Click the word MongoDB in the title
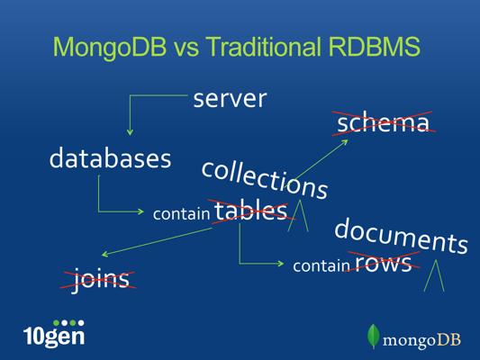coord(110,47)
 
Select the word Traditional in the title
coord(264,47)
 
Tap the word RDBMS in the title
coord(375,47)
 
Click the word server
coord(230,99)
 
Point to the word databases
coord(110,157)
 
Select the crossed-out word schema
coord(384,122)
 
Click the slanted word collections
coord(265,180)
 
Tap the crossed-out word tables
coord(250,211)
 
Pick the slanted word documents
coord(401,236)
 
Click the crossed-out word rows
coord(384,263)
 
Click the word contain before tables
coord(181,213)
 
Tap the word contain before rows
coord(322,265)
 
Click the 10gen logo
coord(54,333)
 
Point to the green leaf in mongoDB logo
coord(373,336)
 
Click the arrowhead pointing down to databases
coord(130,132)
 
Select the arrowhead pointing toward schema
coord(345,141)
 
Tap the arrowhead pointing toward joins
coord(104,254)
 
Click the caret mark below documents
coord(434,275)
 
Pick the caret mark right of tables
coord(298,215)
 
